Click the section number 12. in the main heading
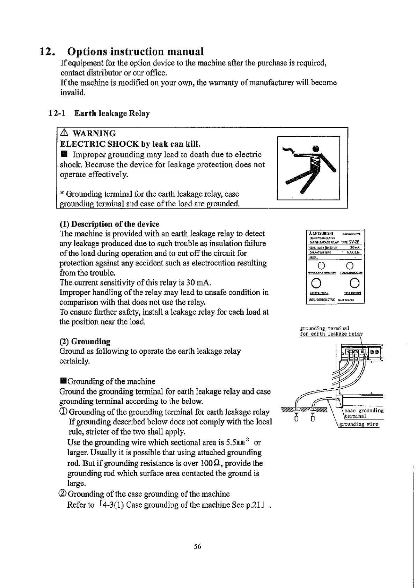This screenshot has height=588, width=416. (x=48, y=52)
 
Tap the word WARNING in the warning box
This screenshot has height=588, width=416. (x=94, y=133)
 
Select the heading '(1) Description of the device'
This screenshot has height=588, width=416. (x=109, y=224)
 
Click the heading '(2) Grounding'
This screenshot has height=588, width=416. (x=85, y=341)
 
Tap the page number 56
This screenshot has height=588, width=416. (x=198, y=546)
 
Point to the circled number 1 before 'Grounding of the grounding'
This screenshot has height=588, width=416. (x=64, y=412)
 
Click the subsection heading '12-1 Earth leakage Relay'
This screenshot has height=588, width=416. (x=99, y=113)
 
